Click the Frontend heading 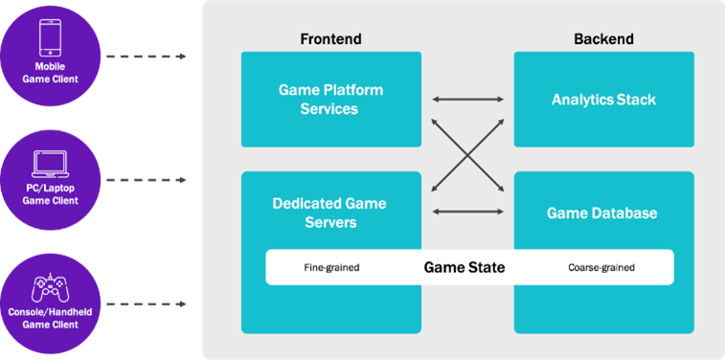point(330,39)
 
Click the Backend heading point(603,39)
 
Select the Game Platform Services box point(330,100)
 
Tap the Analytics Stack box point(603,100)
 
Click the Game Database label point(602,213)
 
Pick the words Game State point(464,267)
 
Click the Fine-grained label point(330,268)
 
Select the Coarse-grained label point(600,268)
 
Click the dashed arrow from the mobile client point(146,56)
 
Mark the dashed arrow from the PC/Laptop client point(146,180)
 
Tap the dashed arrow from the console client point(146,304)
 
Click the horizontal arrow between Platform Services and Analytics point(467,99)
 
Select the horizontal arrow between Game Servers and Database point(467,212)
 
